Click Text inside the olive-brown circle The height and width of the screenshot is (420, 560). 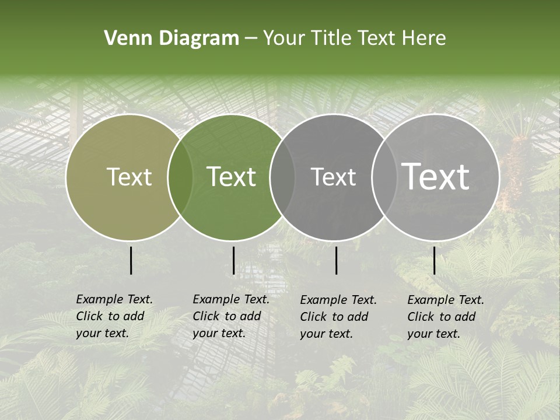129,177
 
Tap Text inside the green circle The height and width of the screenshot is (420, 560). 232,177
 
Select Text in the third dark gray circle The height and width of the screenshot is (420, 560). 333,177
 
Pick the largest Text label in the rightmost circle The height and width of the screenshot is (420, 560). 436,177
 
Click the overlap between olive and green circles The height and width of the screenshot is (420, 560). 180,177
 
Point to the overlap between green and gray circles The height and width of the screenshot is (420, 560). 282,177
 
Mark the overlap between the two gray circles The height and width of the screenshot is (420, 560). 384,177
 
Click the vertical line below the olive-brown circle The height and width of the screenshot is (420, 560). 131,260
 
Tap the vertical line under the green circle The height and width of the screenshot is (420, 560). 233,260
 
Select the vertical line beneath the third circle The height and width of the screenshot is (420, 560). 336,260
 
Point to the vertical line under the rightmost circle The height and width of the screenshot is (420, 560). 434,260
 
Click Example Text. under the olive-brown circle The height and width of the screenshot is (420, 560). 114,299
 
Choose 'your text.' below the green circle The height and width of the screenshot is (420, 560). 219,333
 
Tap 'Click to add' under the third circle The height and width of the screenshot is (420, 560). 334,317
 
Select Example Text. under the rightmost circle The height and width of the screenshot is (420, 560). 446,300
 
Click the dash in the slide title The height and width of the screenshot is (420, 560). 251,38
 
